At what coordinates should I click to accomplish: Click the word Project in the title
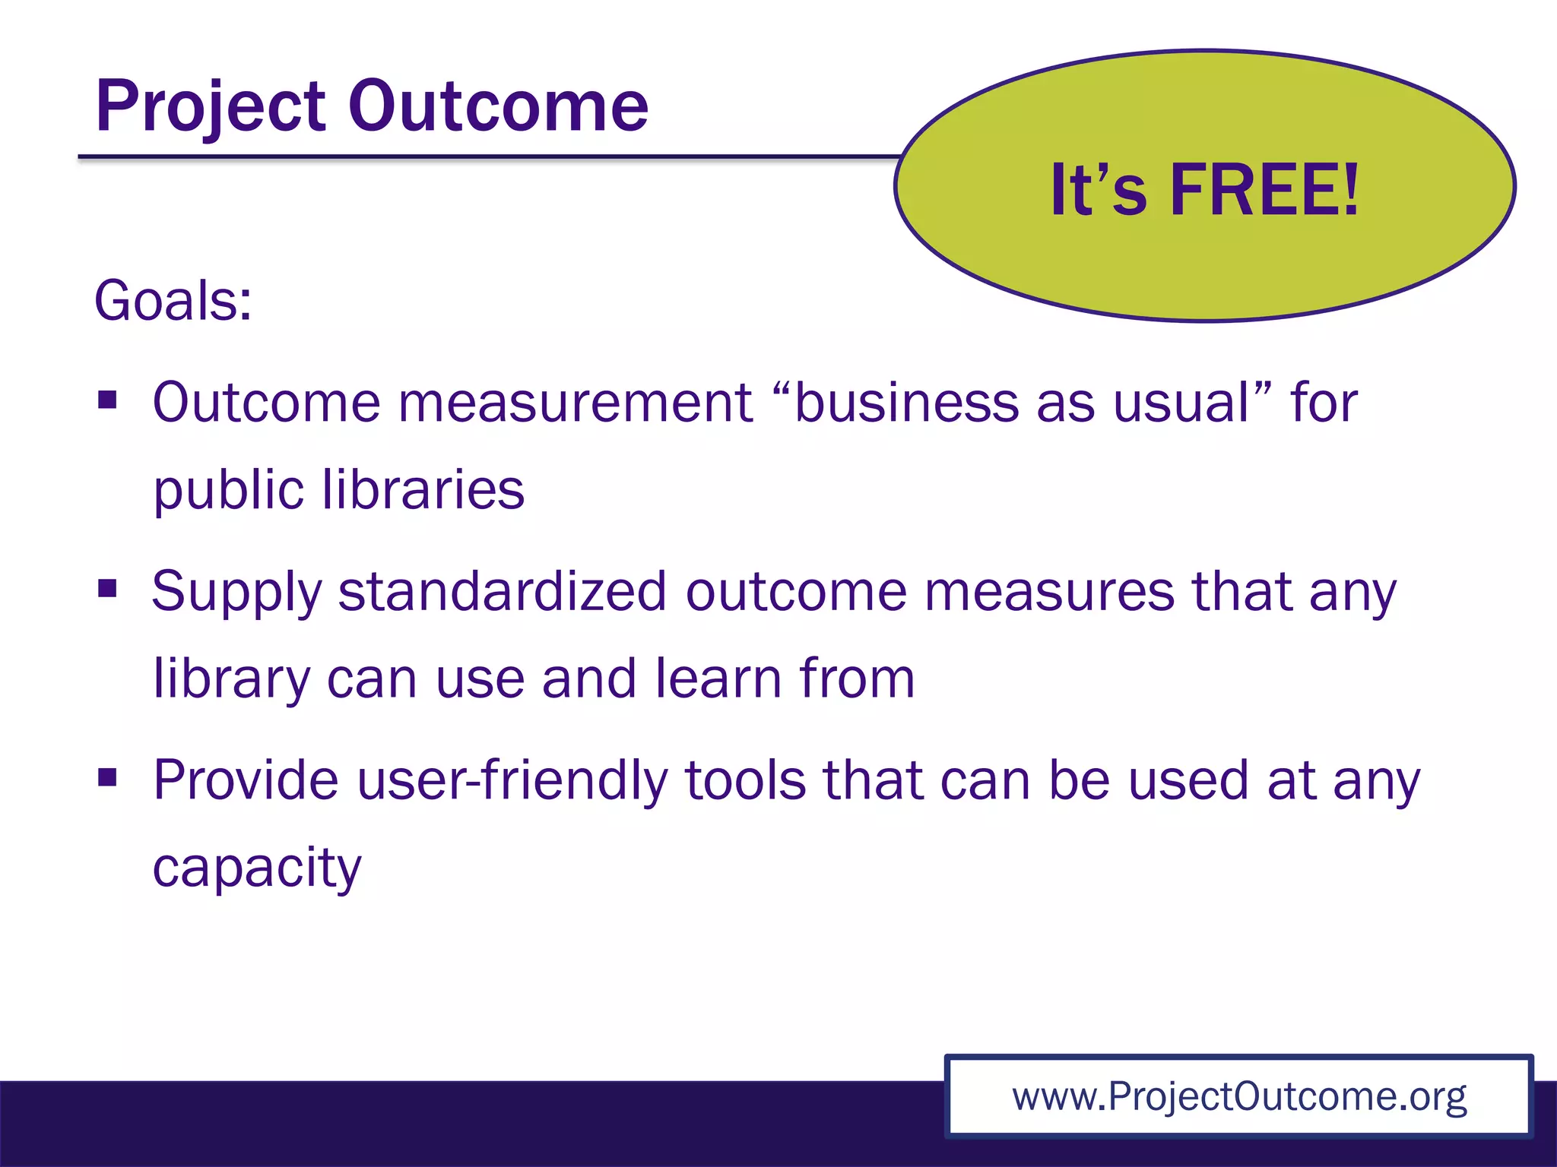pyautogui.click(x=210, y=108)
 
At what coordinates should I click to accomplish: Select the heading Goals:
pyautogui.click(x=173, y=301)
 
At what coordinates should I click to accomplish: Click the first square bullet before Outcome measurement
pyautogui.click(x=107, y=400)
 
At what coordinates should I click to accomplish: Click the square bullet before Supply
pyautogui.click(x=107, y=589)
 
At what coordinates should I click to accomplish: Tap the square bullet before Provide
pyautogui.click(x=107, y=777)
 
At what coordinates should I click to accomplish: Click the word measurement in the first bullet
pyautogui.click(x=575, y=403)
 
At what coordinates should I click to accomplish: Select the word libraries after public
pyautogui.click(x=423, y=490)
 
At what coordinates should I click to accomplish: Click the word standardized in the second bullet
pyautogui.click(x=502, y=592)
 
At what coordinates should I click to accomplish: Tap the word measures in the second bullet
pyautogui.click(x=1050, y=592)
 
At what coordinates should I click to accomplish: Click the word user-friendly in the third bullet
pyautogui.click(x=512, y=781)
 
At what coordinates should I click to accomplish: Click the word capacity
pyautogui.click(x=257, y=868)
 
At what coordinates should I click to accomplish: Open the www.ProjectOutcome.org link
pyautogui.click(x=1238, y=1097)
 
